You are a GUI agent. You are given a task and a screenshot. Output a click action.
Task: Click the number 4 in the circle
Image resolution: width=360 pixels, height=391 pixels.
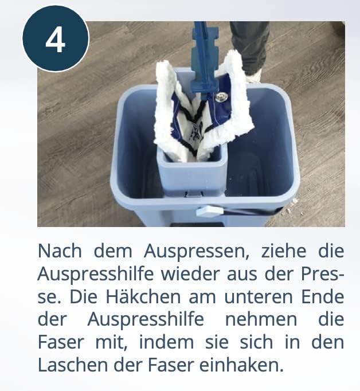[x=56, y=40]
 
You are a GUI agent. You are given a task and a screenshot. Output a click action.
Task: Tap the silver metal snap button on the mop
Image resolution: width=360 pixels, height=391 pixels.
[x=221, y=97]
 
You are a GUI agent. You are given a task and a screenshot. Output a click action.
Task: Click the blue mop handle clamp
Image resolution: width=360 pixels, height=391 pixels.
[x=205, y=60]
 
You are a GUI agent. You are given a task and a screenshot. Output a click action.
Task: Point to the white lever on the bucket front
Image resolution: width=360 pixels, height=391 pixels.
[x=210, y=211]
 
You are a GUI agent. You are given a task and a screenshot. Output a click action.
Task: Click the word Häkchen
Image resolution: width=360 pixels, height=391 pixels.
[x=143, y=297]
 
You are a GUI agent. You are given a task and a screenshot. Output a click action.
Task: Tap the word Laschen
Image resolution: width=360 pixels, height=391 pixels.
[x=73, y=365]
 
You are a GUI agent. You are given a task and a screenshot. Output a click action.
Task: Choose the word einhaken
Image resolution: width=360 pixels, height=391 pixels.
[x=241, y=365]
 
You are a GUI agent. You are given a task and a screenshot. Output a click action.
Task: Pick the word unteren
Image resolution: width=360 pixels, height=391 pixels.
[x=259, y=297]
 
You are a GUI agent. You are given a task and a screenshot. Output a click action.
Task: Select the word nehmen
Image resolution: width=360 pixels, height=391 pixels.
[x=261, y=319]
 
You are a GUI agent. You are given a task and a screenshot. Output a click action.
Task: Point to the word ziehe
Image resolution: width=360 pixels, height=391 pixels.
[x=284, y=251]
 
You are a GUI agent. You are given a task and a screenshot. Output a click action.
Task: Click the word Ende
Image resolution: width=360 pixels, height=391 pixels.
[x=323, y=297]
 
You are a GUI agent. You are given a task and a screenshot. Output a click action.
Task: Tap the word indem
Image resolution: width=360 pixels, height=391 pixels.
[x=166, y=342]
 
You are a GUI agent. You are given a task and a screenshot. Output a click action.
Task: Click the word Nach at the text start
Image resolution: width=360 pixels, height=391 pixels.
[x=60, y=251]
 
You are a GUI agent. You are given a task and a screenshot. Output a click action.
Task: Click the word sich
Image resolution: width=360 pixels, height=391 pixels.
[x=256, y=342]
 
